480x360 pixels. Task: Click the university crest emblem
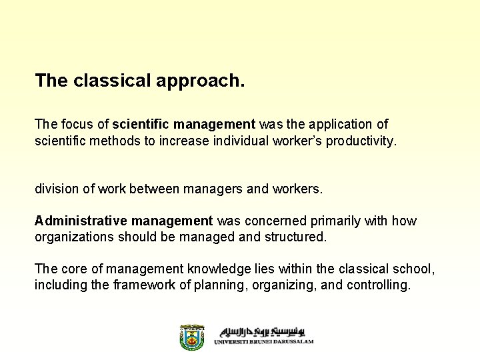192,337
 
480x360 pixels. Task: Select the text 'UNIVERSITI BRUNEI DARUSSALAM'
263,342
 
